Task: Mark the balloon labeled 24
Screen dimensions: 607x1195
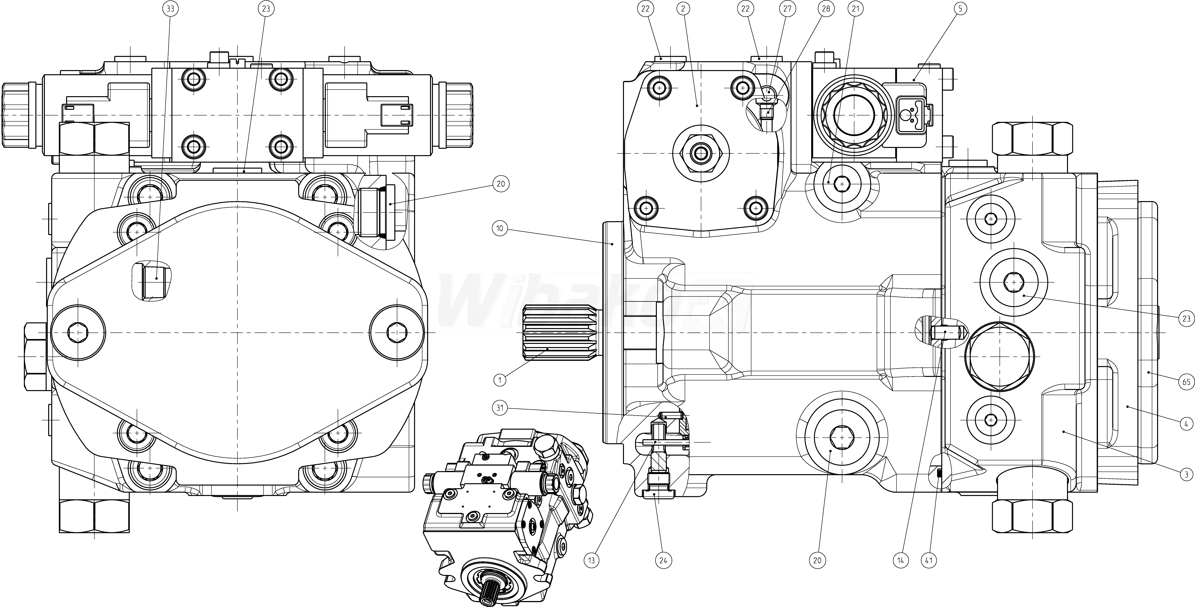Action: pos(663,560)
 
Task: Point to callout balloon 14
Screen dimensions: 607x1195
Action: pos(900,560)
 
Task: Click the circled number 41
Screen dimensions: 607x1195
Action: pos(929,560)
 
